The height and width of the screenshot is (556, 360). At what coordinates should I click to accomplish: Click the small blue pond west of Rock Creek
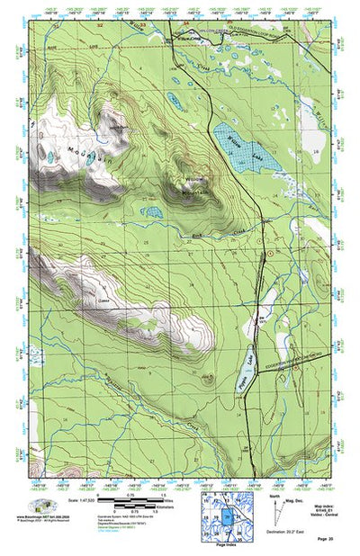click(151, 213)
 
